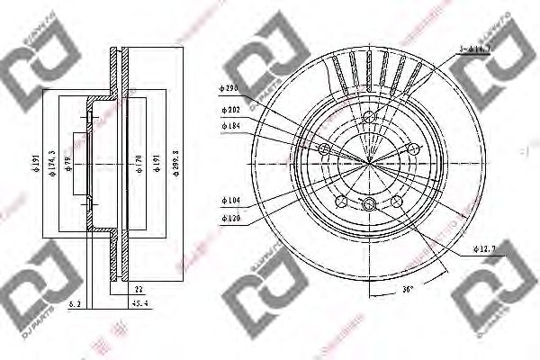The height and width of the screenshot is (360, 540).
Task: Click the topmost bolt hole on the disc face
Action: coord(370,116)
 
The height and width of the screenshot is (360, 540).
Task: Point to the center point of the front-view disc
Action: coord(370,161)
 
